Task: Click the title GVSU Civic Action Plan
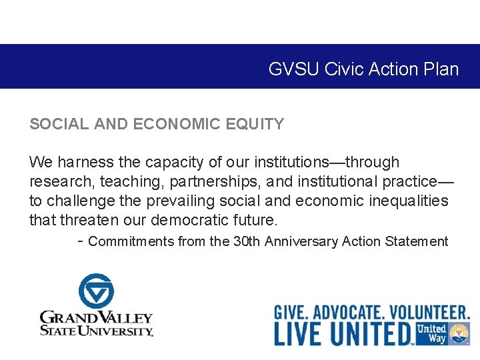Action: [363, 69]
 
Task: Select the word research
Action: [54, 181]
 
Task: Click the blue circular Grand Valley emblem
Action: [96, 291]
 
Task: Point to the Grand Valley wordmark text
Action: [96, 323]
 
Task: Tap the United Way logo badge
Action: [442, 333]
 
